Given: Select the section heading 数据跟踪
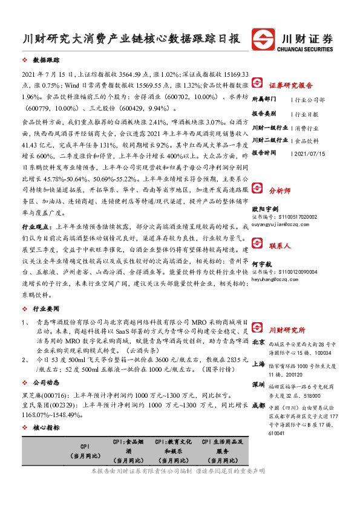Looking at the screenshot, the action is tap(46, 61).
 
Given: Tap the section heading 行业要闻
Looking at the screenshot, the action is tap(46, 309).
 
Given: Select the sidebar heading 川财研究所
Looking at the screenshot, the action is tap(287, 329).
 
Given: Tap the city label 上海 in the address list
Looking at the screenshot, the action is tap(258, 364).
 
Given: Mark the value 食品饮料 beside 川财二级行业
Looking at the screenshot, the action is tap(307, 140).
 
